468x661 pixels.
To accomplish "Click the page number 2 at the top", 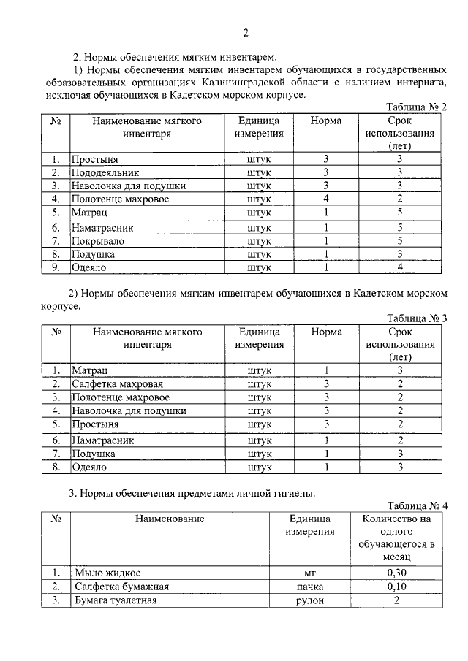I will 246,32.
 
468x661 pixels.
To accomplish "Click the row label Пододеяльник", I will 105,172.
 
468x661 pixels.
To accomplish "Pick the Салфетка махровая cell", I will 117,383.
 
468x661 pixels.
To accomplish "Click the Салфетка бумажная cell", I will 121,587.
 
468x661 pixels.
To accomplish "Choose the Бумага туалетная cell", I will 116,600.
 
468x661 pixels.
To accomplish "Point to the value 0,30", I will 396,573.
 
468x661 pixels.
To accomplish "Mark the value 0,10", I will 396,587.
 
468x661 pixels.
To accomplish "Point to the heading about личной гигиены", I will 192,494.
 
